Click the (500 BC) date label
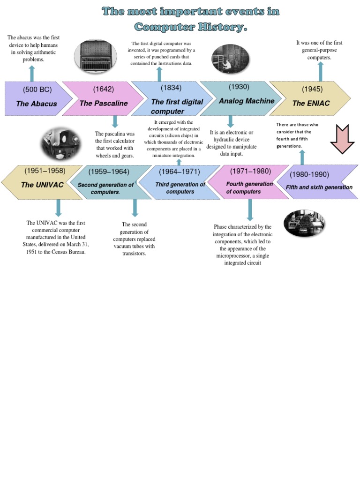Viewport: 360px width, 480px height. [37, 90]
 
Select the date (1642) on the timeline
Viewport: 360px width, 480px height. [103, 89]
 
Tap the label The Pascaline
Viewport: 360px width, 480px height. [104, 104]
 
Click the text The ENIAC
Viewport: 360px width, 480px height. [311, 104]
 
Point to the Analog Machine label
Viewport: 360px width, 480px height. [247, 101]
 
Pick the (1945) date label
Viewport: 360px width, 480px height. [312, 89]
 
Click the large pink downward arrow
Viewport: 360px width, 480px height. [343, 139]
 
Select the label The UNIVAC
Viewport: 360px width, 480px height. [42, 185]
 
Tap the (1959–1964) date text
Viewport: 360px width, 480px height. [109, 172]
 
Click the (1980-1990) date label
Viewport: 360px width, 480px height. [309, 174]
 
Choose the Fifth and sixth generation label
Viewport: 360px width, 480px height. [319, 187]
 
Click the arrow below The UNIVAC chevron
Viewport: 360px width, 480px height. [58, 208]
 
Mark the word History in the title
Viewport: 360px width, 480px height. [211, 28]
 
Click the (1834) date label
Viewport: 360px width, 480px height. [172, 88]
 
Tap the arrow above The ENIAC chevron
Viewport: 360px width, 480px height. [321, 71]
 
